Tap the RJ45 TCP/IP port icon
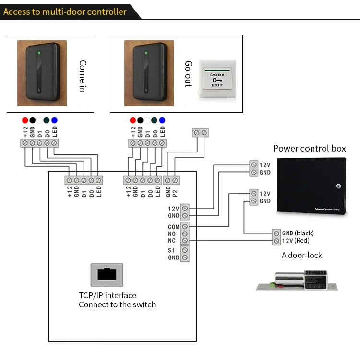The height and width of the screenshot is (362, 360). tap(107, 275)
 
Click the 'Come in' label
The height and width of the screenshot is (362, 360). tap(83, 76)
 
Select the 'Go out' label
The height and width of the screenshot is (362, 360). tap(188, 74)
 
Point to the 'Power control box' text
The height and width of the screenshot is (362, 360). tap(309, 148)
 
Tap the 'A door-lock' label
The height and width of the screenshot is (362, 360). tap(302, 255)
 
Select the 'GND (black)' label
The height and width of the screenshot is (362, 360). tap(298, 233)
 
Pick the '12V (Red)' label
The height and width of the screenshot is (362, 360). tap(296, 240)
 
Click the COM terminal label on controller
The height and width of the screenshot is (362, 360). tap(174, 226)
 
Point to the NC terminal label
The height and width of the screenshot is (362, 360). tap(172, 241)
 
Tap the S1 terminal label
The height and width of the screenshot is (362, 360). tap(172, 250)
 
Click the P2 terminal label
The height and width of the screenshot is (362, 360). tap(176, 191)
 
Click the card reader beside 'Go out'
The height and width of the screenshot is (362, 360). tap(149, 73)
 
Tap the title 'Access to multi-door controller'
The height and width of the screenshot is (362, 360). tap(65, 11)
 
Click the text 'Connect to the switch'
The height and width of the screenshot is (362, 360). tap(117, 304)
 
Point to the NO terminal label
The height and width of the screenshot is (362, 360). tap(172, 234)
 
